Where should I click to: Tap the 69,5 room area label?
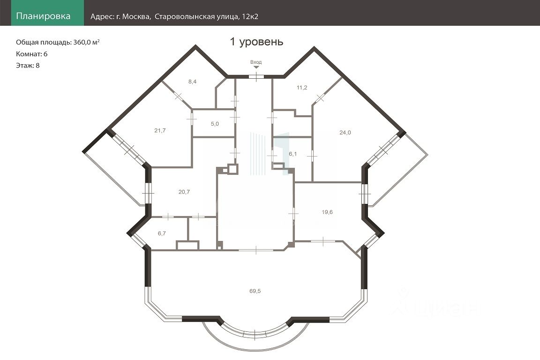(255, 291)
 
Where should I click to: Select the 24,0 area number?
(345, 133)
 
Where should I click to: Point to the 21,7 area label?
(160, 131)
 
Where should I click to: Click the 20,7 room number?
(184, 192)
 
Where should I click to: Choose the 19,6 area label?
(327, 212)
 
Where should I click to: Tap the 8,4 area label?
(193, 82)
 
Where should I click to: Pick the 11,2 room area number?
(302, 88)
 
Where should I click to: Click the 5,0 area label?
(215, 124)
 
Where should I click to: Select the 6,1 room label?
(292, 154)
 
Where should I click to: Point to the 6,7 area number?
(162, 233)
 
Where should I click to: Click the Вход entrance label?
(256, 62)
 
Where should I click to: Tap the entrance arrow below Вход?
(256, 67)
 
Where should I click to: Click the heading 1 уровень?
(256, 42)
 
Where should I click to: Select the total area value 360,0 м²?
(86, 42)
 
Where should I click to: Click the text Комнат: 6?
(32, 54)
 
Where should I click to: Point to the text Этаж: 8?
(28, 66)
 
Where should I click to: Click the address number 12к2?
(250, 16)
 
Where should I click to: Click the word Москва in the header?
(136, 17)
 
